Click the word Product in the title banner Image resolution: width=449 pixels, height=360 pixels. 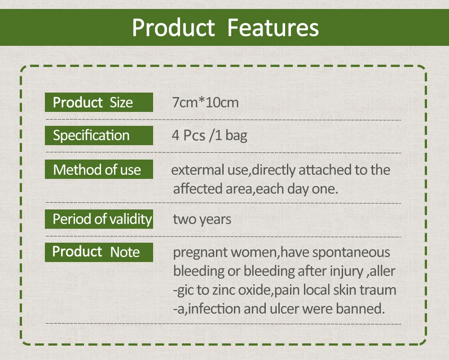173,27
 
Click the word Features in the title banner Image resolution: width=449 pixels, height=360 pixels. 273,27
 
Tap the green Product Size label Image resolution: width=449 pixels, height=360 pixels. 99,102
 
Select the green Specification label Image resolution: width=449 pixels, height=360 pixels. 99,135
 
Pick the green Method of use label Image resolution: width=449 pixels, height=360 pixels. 99,169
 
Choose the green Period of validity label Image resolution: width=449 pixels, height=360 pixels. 99,219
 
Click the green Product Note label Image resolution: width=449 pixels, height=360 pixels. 99,252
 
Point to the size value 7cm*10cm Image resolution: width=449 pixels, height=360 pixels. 205,102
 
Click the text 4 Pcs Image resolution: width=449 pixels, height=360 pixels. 189,135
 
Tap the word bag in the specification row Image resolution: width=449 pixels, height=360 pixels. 236,136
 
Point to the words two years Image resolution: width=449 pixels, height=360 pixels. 202,220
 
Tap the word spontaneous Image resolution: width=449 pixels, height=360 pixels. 351,253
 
